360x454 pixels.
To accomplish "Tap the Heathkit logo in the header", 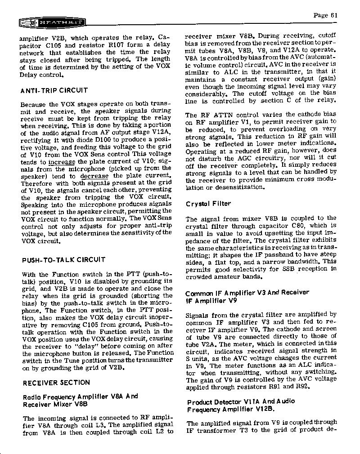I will click(52, 23).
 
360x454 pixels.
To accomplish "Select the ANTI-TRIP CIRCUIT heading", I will click(54, 90).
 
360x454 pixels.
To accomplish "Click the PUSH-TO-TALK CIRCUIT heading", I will click(63, 260).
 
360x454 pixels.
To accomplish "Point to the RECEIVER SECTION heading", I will click(56, 383).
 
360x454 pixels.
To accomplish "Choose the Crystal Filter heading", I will click(208, 204).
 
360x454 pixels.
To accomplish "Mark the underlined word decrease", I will click(94, 176).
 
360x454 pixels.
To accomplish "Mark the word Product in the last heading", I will click(200, 402).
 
